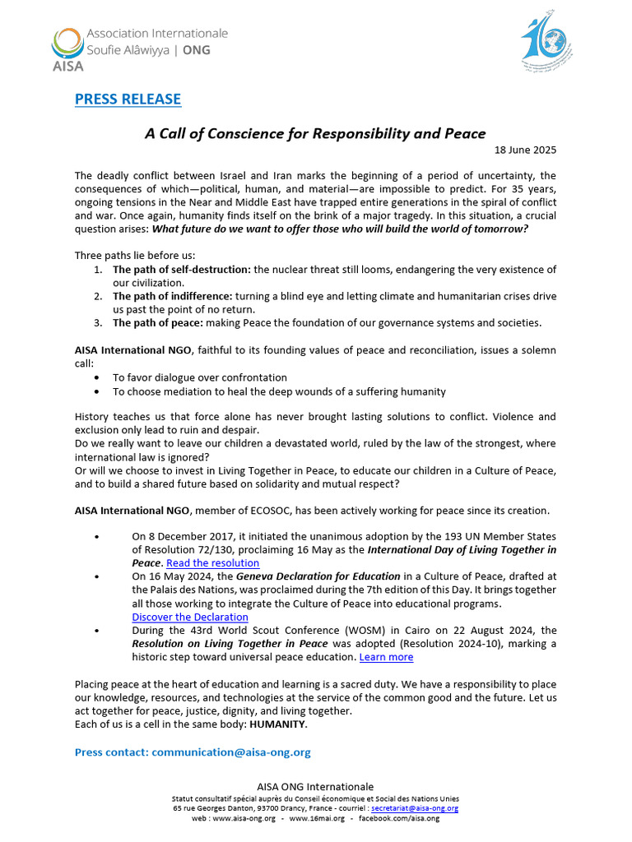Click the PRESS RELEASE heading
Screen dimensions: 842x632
click(128, 99)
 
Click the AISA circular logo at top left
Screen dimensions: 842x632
click(67, 43)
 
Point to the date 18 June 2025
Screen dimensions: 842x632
click(525, 150)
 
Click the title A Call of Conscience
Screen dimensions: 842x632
click(315, 133)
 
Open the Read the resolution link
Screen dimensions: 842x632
click(212, 563)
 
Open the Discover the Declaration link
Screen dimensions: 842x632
click(189, 617)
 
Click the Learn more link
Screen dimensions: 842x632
click(386, 657)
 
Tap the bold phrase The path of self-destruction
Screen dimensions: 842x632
click(182, 270)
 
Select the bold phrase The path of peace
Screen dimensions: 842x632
click(153, 322)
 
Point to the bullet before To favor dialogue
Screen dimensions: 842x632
click(99, 378)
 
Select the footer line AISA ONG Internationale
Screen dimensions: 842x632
click(315, 787)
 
